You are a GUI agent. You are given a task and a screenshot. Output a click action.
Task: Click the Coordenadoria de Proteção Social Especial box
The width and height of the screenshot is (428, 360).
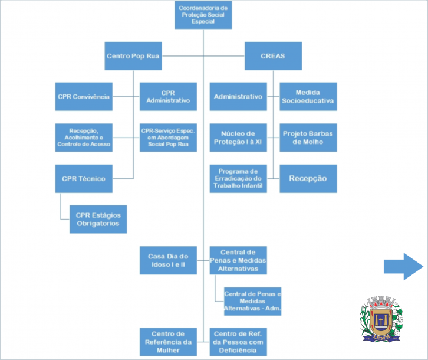pos(203,14)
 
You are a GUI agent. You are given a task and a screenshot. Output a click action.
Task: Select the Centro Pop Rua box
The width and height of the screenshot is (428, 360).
pos(133,56)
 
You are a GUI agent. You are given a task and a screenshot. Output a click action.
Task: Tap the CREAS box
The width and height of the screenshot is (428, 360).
pos(272,56)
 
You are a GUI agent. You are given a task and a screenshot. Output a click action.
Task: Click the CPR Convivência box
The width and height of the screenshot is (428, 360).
pos(84,96)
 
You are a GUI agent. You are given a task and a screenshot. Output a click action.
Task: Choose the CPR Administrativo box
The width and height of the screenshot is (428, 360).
pos(168,96)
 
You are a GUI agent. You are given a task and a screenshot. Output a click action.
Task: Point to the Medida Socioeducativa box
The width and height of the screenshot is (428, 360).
pos(307,96)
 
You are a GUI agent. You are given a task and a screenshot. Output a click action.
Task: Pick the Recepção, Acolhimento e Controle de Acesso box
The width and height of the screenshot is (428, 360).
pos(84,137)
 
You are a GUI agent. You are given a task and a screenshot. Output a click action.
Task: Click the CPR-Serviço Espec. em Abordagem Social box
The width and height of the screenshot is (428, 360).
pos(168,137)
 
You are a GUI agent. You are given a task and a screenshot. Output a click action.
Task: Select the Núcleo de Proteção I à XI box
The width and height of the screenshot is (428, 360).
pos(238,137)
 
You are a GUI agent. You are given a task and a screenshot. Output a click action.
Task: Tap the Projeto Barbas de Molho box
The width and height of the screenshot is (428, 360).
pos(307,137)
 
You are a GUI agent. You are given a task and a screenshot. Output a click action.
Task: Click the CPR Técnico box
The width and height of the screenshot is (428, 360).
pos(84,178)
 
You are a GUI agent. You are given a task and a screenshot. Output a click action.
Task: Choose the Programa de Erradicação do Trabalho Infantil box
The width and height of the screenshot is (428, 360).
pos(238,178)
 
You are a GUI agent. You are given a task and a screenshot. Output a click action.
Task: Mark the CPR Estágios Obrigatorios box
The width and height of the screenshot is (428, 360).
pos(98,219)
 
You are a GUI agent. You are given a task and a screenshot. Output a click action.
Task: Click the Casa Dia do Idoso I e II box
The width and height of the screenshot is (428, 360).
pos(168,260)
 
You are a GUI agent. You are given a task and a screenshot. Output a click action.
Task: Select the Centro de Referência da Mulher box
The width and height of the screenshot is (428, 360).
pos(168,342)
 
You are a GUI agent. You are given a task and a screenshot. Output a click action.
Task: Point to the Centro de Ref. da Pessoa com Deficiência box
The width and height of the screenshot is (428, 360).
pos(238,342)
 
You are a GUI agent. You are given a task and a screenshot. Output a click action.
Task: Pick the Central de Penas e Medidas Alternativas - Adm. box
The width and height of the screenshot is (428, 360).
pos(252,301)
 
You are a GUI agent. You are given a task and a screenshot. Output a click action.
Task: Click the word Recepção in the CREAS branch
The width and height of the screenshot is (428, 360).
pos(307,178)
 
